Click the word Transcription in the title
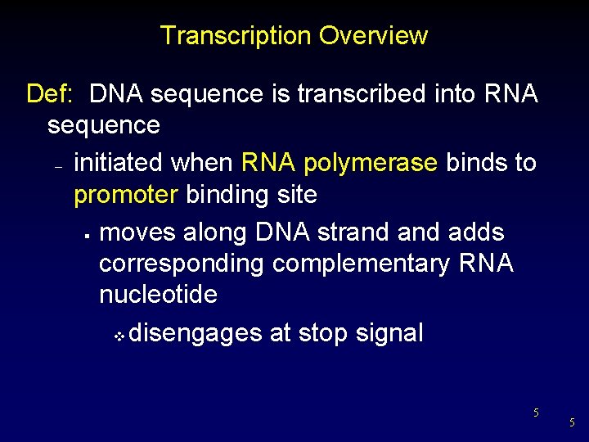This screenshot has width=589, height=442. pos(236,36)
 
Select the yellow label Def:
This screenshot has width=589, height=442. pos(50,94)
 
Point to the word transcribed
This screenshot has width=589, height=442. pos(362,94)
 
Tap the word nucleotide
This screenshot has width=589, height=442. pos(158,295)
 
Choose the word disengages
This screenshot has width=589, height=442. pos(196,333)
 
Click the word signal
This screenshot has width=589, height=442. pos(390,333)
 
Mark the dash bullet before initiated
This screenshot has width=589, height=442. pos(58,166)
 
